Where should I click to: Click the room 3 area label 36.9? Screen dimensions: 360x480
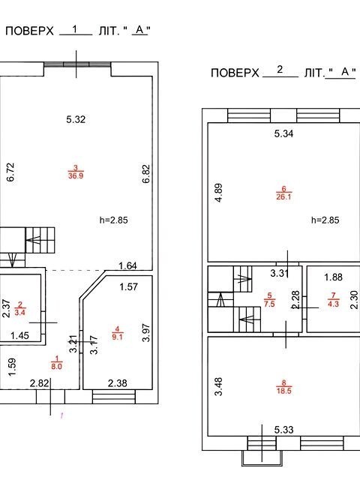(x=76, y=175)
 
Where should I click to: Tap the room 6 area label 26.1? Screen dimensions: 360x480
(x=283, y=196)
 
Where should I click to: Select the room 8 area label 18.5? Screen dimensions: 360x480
(x=283, y=391)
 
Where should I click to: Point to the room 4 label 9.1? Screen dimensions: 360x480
(x=117, y=337)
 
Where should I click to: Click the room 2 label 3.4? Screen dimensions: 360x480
(x=20, y=313)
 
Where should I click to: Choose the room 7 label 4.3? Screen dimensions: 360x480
(x=333, y=304)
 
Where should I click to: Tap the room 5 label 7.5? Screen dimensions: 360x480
(x=269, y=304)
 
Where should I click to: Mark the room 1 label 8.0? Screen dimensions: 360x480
(x=57, y=366)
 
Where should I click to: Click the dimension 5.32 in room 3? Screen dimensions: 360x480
(x=76, y=119)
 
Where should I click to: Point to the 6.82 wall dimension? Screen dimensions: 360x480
(x=147, y=174)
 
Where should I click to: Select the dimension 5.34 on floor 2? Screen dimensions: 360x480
(x=283, y=133)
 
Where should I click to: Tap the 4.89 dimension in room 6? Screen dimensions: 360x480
(x=218, y=193)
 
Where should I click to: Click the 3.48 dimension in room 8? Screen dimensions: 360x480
(x=218, y=387)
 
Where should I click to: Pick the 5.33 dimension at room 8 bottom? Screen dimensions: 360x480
(x=283, y=430)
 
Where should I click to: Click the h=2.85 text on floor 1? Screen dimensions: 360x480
(x=113, y=220)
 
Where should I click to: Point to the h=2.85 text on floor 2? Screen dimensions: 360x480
(x=325, y=220)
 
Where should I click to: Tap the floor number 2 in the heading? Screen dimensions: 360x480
(x=280, y=70)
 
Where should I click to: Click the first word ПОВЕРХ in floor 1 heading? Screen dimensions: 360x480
(x=29, y=31)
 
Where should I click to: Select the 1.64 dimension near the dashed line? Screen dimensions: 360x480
(x=127, y=265)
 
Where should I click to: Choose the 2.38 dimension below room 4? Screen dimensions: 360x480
(x=118, y=383)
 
